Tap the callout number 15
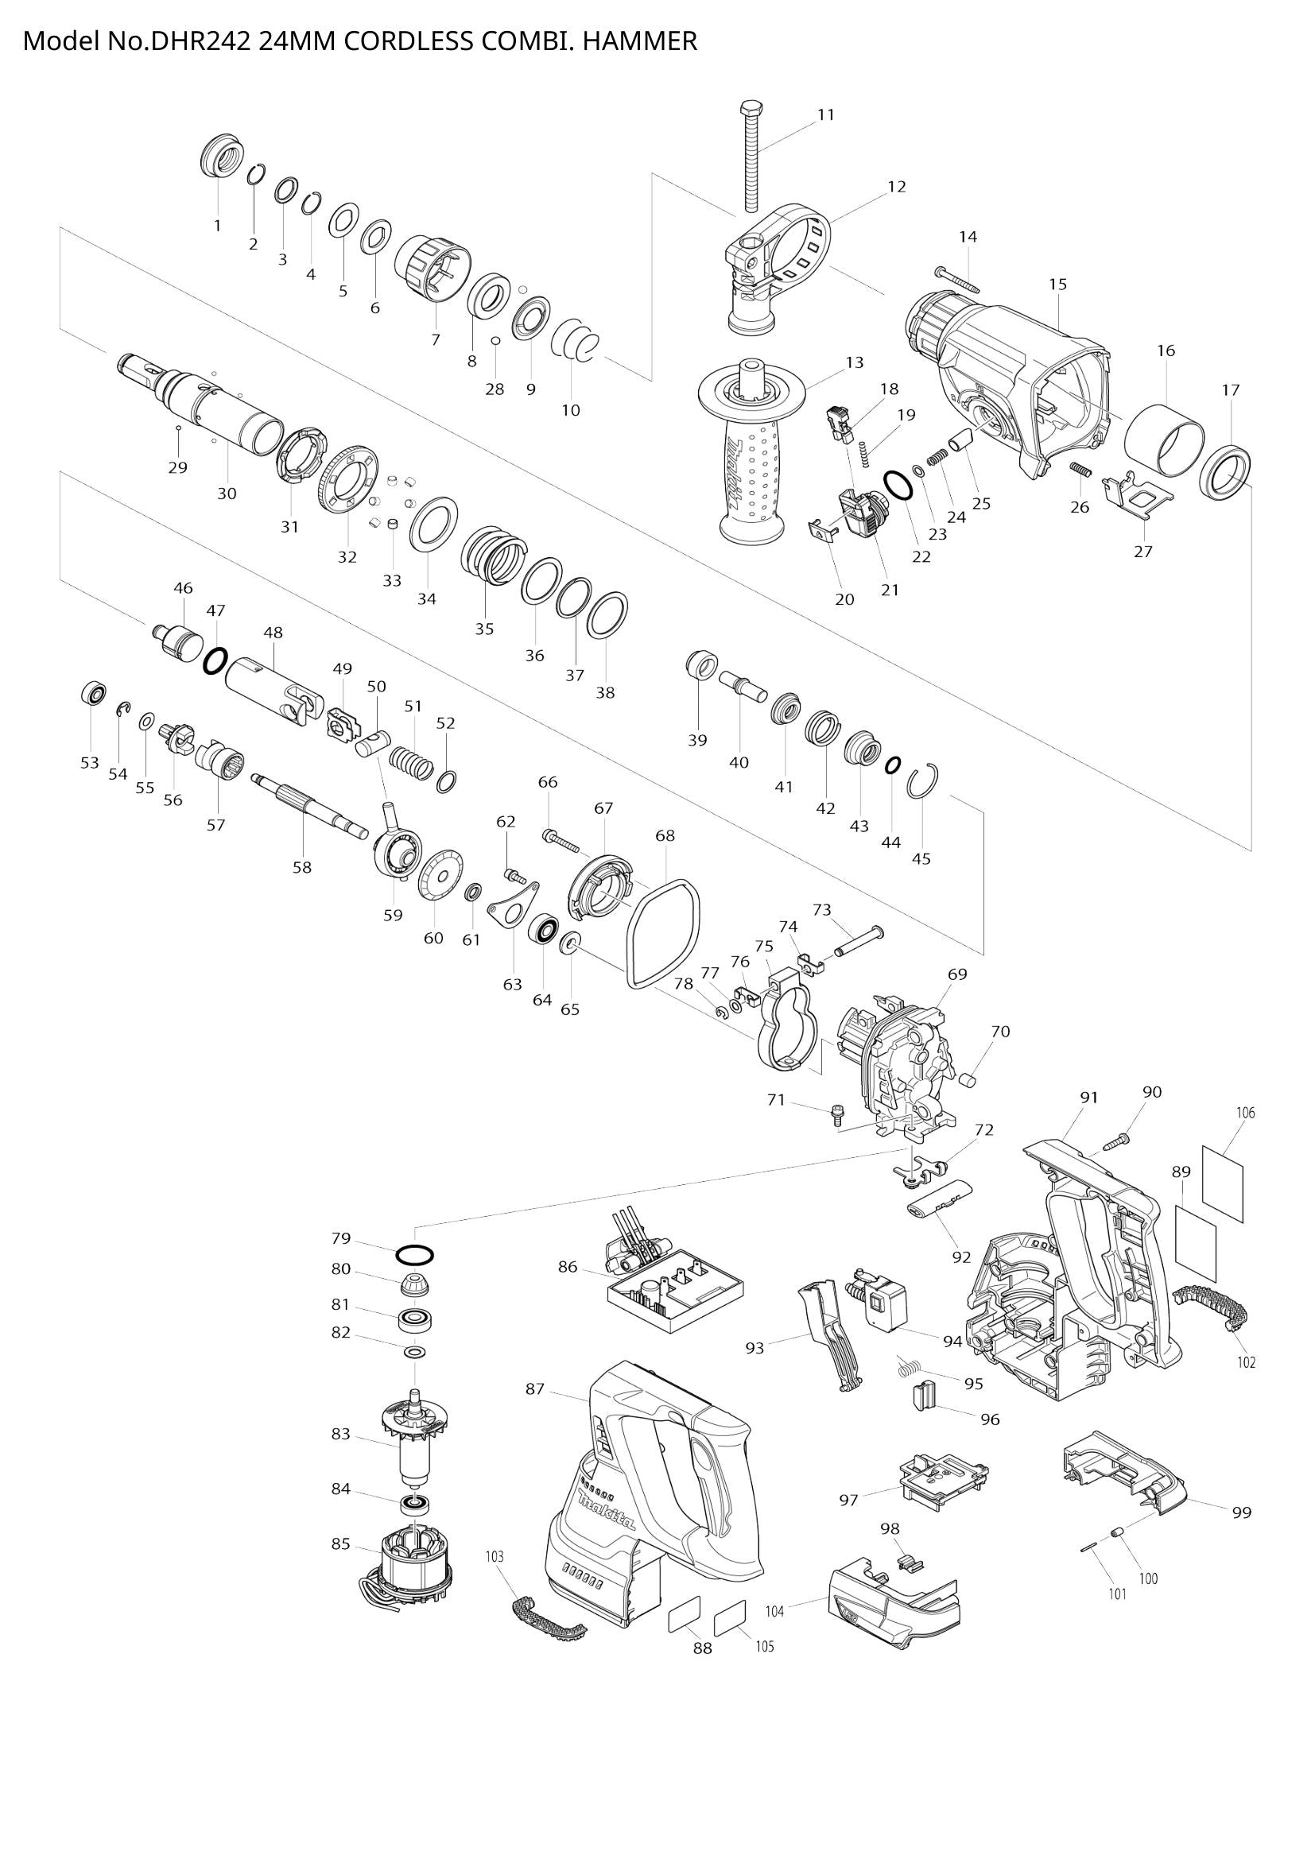click(1057, 285)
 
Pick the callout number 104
click(775, 1611)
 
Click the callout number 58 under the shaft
click(302, 867)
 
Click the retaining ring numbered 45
click(923, 782)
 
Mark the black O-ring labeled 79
click(414, 1255)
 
